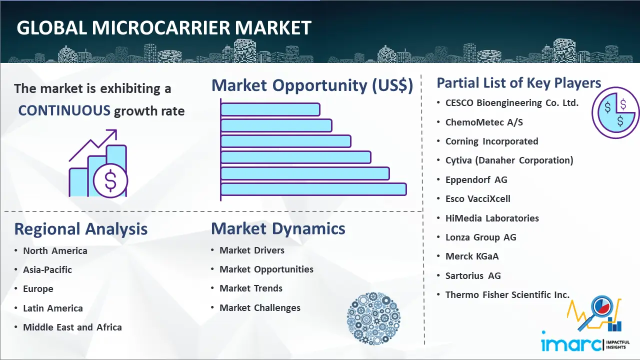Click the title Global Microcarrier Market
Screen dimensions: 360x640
click(x=164, y=27)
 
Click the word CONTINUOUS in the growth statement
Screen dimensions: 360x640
click(x=64, y=110)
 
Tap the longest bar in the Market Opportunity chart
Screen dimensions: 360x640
click(x=313, y=189)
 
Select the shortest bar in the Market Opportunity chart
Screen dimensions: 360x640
click(x=270, y=109)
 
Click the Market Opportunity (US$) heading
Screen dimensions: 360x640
click(x=312, y=85)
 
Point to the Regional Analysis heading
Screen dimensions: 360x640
click(x=80, y=229)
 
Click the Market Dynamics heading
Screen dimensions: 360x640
click(x=278, y=229)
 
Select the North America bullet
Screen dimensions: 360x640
click(x=55, y=251)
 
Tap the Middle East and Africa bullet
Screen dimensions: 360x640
click(x=72, y=327)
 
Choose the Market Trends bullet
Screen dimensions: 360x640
click(x=251, y=288)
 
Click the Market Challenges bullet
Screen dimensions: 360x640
click(x=260, y=308)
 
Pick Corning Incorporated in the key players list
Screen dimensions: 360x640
click(x=491, y=141)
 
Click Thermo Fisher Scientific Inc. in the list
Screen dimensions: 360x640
click(x=507, y=295)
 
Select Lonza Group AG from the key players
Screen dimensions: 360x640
click(x=480, y=237)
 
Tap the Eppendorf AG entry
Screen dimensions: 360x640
click(x=476, y=180)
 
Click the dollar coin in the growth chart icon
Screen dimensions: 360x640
click(x=110, y=181)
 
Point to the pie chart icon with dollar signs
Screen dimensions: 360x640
click(x=615, y=113)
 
